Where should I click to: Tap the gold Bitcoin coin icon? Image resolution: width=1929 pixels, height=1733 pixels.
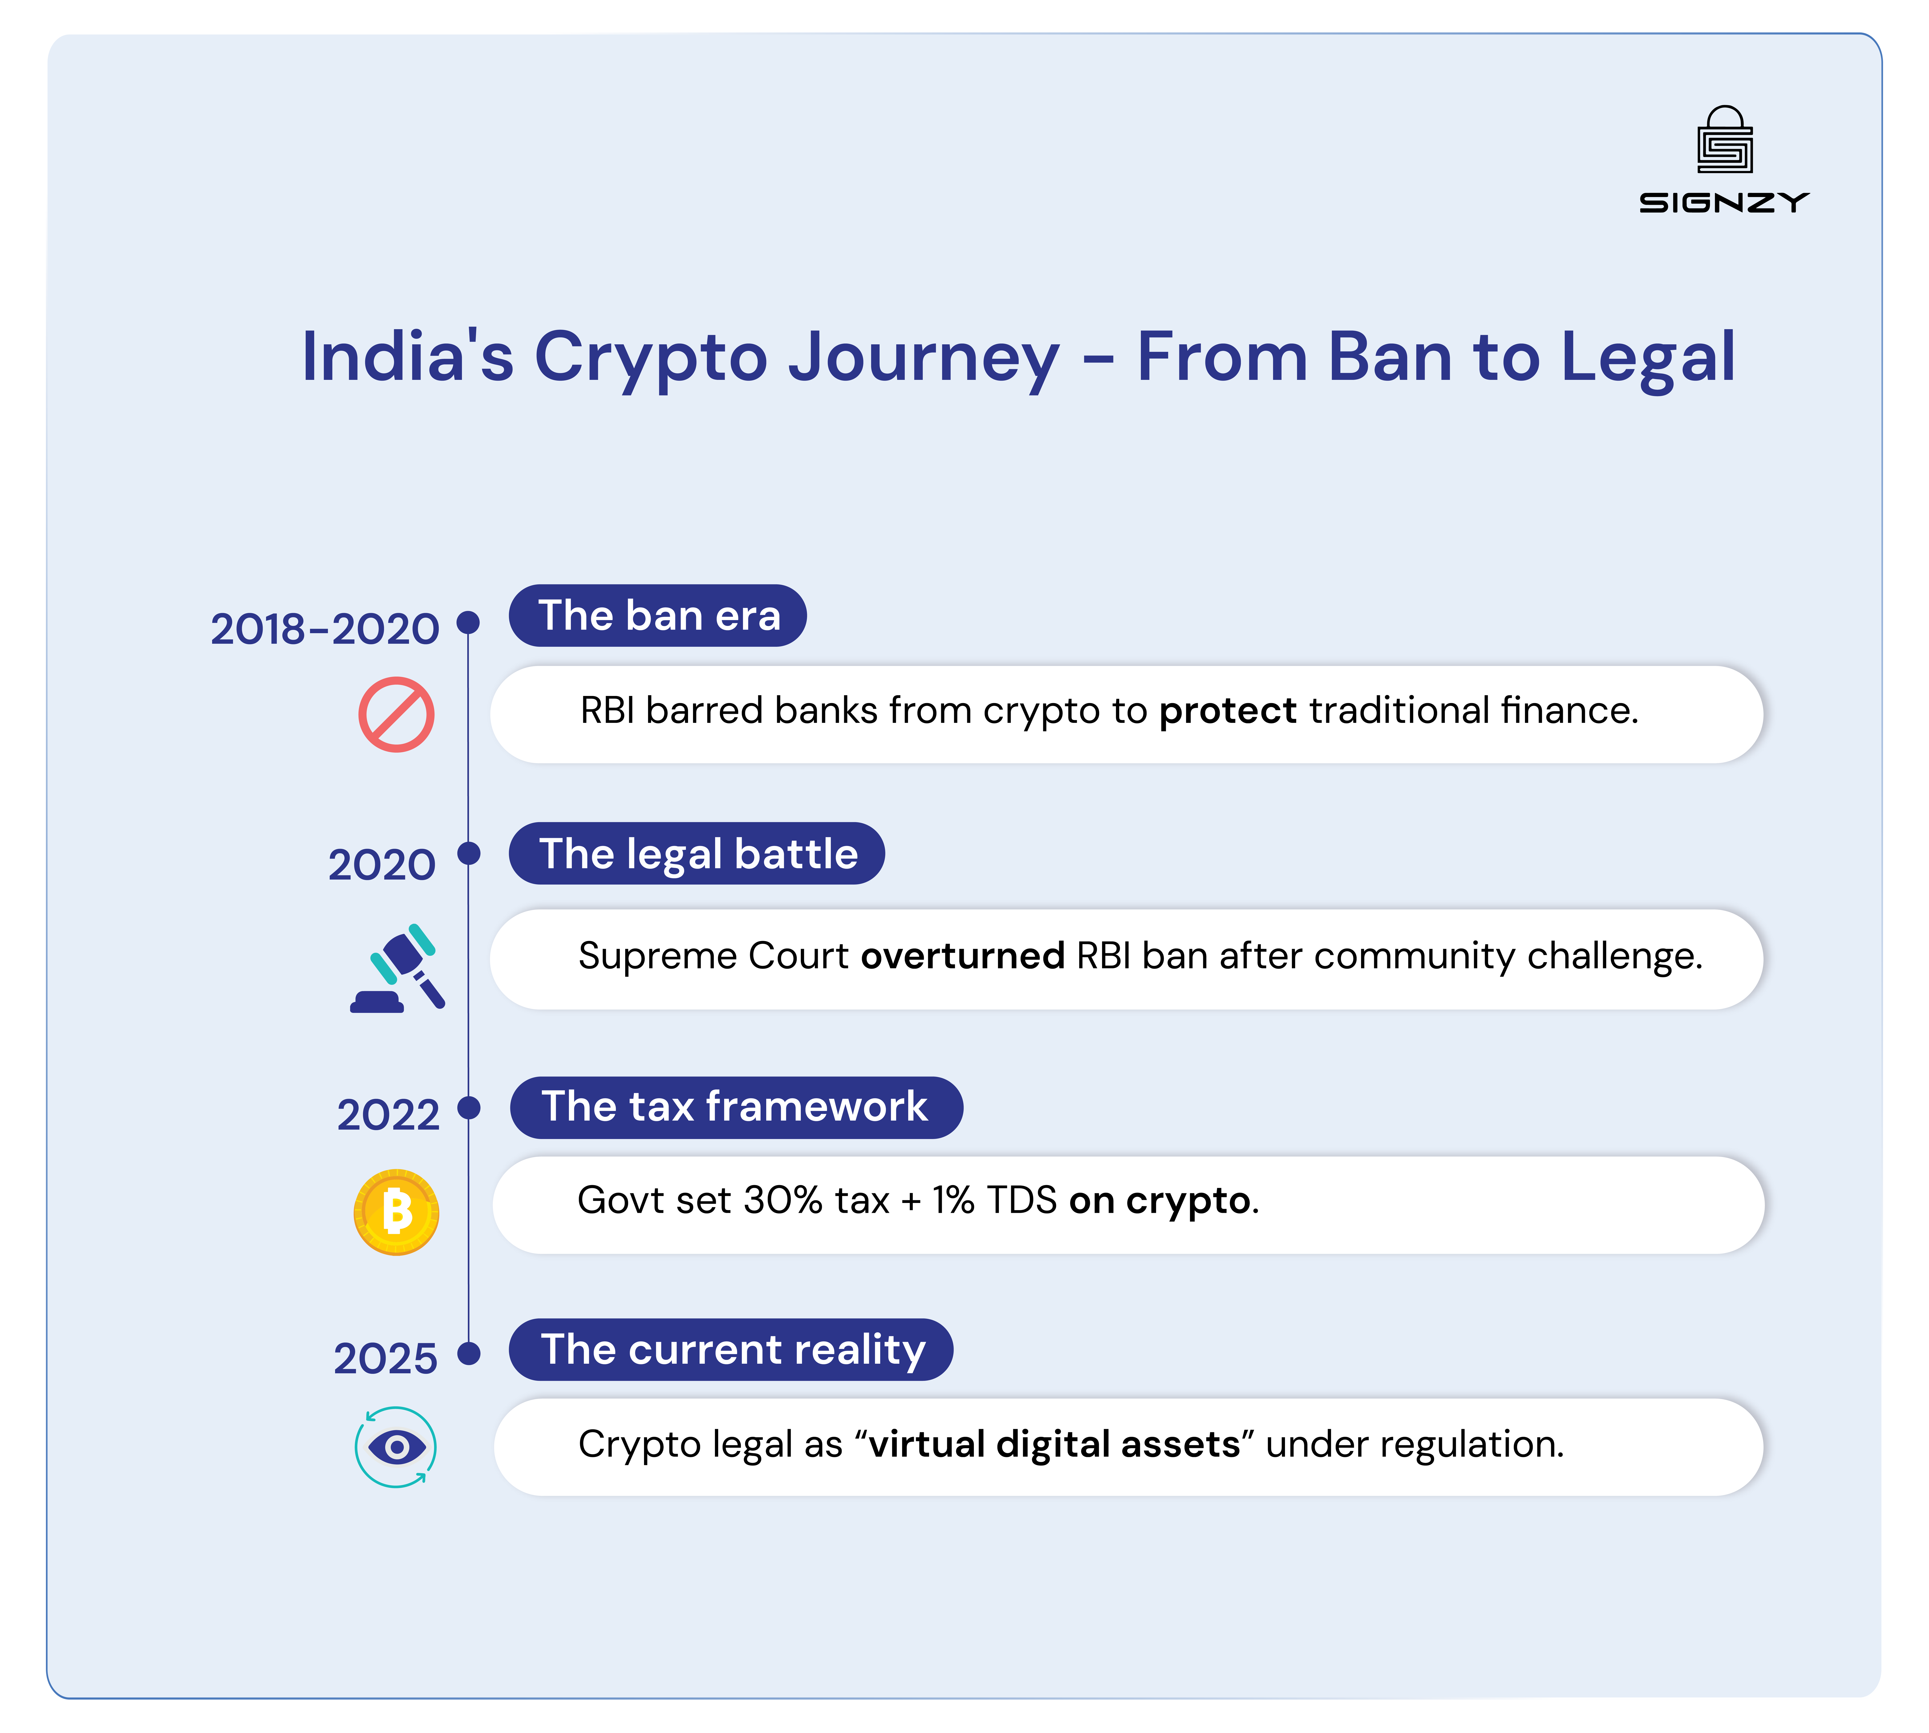[396, 1212]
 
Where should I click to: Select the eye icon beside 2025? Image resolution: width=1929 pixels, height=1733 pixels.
[396, 1447]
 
